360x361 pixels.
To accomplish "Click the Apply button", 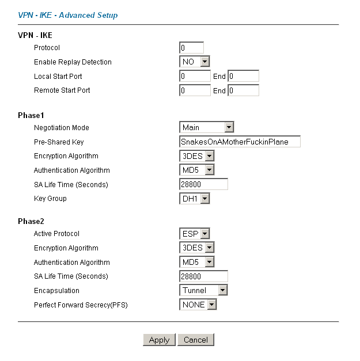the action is [x=159, y=340].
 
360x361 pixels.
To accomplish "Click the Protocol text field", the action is [x=191, y=48].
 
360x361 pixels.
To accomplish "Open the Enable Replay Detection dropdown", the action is [x=194, y=62].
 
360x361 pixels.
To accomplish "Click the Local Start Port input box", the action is [x=195, y=76].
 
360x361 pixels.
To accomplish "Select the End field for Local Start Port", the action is [x=244, y=76].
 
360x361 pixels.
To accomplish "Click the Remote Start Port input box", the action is [x=195, y=90].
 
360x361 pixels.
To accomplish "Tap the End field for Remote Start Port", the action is [x=244, y=90].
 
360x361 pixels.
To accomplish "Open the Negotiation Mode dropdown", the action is [x=207, y=127].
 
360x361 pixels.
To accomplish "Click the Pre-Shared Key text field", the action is [x=240, y=142].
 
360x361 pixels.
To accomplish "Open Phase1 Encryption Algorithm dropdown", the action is [x=196, y=156].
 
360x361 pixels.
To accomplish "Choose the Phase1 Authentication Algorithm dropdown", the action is [x=196, y=170].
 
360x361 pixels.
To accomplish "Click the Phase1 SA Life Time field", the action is [x=203, y=184].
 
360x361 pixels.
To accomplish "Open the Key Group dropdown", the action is [x=194, y=199].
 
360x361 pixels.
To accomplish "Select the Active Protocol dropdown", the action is [x=194, y=234].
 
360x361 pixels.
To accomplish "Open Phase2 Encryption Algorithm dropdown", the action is [x=196, y=248].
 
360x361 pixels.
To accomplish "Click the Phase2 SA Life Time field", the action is [x=203, y=276].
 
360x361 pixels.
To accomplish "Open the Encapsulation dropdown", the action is [x=203, y=290].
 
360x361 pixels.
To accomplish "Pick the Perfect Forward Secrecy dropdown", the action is [x=198, y=305].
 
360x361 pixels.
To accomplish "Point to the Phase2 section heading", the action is [x=31, y=221].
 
